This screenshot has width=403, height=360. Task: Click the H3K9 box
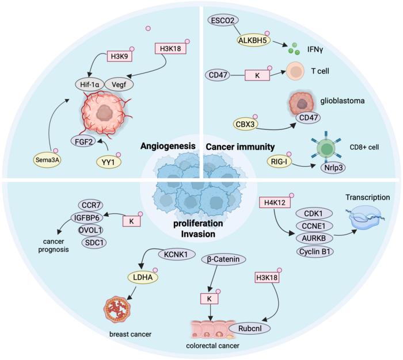(120, 58)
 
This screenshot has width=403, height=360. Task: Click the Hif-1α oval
(91, 83)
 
